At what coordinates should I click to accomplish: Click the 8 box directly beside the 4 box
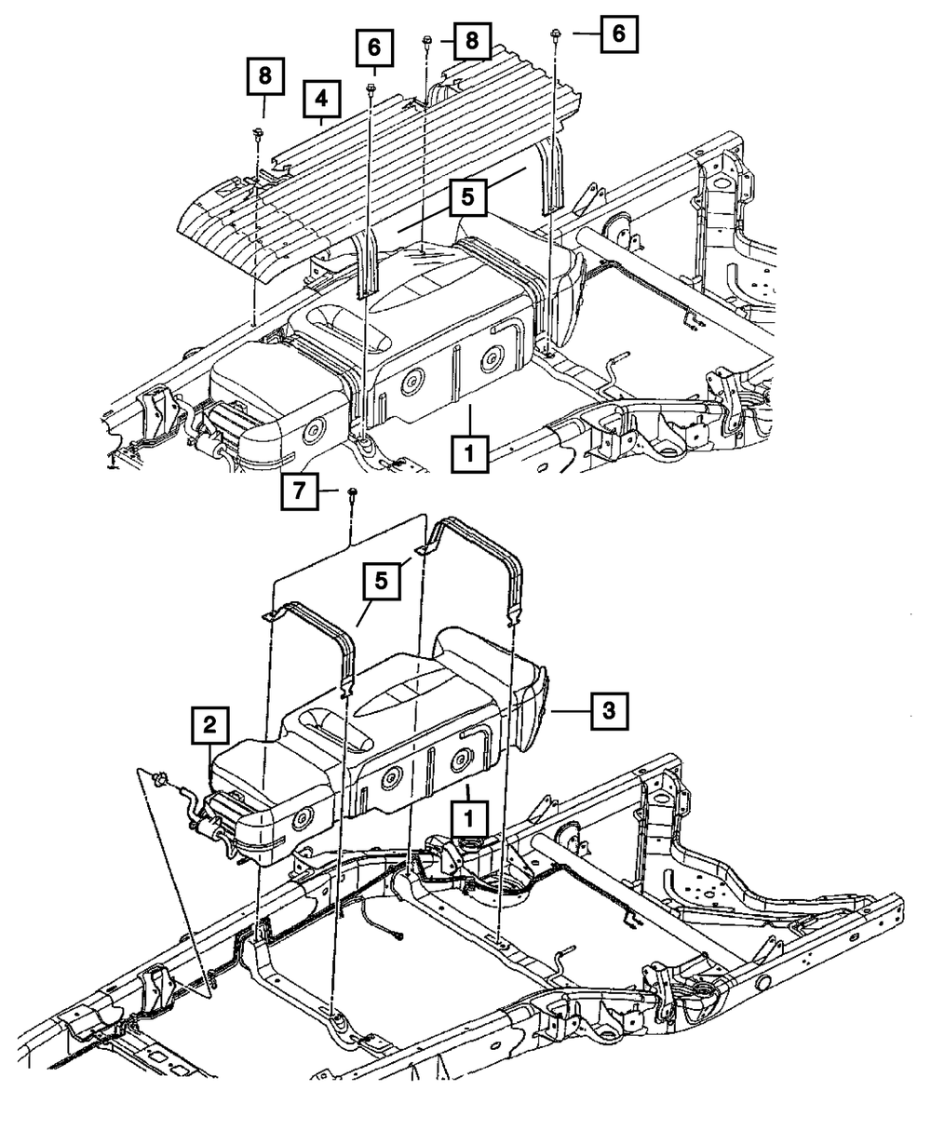click(265, 77)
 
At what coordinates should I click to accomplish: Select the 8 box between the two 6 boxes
click(472, 40)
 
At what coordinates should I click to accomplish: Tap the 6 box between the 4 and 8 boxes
click(374, 46)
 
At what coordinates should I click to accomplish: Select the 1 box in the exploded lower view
click(469, 819)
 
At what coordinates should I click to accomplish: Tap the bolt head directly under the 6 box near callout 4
click(371, 90)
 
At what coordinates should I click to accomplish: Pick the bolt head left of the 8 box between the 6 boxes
click(426, 40)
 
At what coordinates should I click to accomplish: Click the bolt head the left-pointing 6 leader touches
click(555, 34)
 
